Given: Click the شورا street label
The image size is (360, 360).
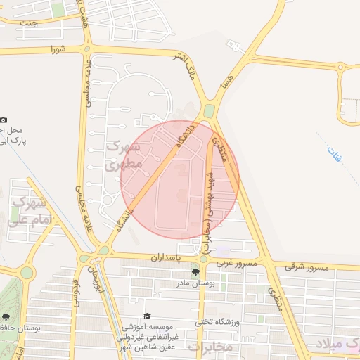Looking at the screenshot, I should pyautogui.click(x=57, y=50).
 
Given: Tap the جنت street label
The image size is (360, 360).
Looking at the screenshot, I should pyautogui.click(x=28, y=22).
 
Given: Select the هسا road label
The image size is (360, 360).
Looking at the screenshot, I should pyautogui.click(x=224, y=84).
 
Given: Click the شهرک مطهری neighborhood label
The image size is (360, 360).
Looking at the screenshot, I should pyautogui.click(x=124, y=156).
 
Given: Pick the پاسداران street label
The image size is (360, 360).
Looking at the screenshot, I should pyautogui.click(x=166, y=259).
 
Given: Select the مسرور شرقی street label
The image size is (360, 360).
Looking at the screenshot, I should pyautogui.click(x=307, y=266).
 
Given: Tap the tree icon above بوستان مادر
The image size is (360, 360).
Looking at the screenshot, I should pyautogui.click(x=195, y=273).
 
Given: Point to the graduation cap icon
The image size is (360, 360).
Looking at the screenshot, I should pyautogui.click(x=147, y=316).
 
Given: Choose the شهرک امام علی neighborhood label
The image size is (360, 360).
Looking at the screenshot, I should pyautogui.click(x=27, y=212).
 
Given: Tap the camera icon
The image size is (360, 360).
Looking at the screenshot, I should pyautogui.click(x=4, y=120).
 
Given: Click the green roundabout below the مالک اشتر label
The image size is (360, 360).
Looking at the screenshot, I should pyautogui.click(x=209, y=111).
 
